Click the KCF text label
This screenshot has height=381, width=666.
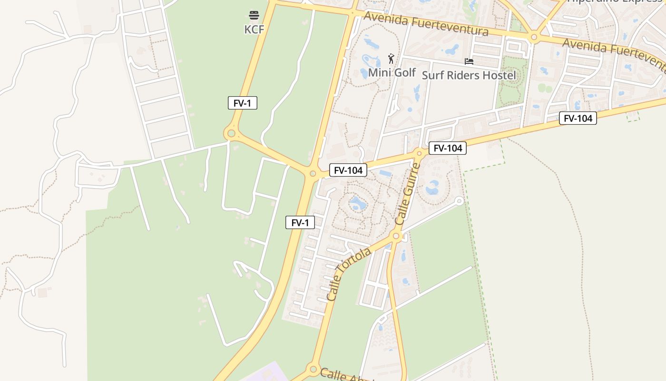pos(254,30)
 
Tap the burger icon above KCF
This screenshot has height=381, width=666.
pos(254,15)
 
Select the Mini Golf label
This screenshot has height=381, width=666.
pos(392,73)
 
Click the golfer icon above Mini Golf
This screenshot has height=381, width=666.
pos(391,59)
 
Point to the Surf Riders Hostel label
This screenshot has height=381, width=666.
pos(469,75)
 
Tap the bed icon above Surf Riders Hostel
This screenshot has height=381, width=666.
pos(469,61)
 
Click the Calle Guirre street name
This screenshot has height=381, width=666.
pos(408,194)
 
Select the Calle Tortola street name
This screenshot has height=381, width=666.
pos(349,273)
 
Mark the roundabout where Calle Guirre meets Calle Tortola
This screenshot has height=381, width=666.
pos(396,236)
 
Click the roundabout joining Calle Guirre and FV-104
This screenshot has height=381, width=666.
pos(420,153)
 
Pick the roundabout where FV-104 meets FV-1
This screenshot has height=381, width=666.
pos(313,174)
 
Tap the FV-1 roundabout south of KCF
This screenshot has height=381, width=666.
pos(232,133)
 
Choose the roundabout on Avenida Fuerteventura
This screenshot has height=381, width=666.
pos(534,37)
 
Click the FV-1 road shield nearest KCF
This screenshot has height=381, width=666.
pos(242,103)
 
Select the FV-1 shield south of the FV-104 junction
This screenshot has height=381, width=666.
pos(300,222)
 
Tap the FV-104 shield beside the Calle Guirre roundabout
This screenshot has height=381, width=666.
pos(447,148)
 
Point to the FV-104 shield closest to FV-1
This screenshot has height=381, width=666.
pos(348,170)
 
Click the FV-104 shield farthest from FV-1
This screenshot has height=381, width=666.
pos(578,118)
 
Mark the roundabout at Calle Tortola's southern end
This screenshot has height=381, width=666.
pos(313,369)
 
